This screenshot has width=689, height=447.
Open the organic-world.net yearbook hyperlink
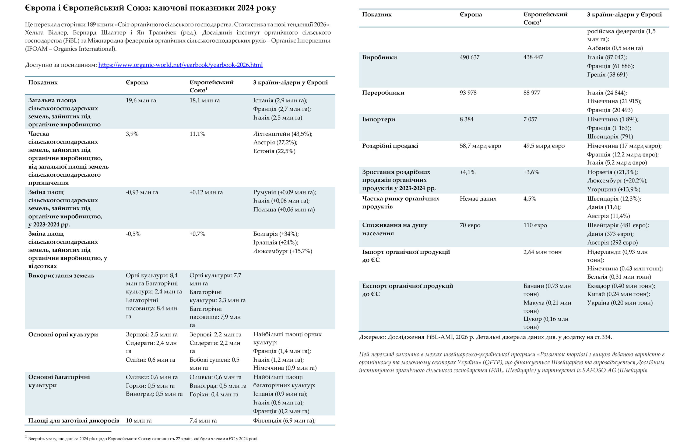pyautogui.click(x=180, y=65)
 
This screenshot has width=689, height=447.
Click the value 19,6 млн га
pyautogui.click(x=141, y=100)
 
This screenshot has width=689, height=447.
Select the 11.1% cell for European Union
pyautogui.click(x=197, y=134)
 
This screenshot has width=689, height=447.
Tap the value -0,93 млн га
pyautogui.click(x=142, y=192)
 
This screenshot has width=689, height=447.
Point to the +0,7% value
pyautogui.click(x=197, y=234)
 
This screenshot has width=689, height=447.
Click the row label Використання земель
pyautogui.click(x=61, y=275)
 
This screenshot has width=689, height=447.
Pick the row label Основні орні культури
pyautogui.click(x=63, y=335)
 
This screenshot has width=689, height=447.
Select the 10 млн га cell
pyautogui.click(x=138, y=421)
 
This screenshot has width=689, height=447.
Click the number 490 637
pyautogui.click(x=469, y=57)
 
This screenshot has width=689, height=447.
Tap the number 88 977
pyautogui.click(x=532, y=93)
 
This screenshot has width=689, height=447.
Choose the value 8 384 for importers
pyautogui.click(x=466, y=119)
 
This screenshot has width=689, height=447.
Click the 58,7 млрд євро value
pyautogui.click(x=480, y=146)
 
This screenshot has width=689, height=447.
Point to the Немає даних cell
pyautogui.click(x=478, y=199)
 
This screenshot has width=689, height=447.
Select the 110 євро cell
pyautogui.click(x=535, y=225)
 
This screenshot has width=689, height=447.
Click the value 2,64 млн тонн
pyautogui.click(x=542, y=252)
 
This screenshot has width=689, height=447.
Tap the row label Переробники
pyautogui.click(x=383, y=93)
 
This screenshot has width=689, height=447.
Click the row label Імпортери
pyautogui.click(x=378, y=119)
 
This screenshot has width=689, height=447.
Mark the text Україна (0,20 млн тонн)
pyautogui.click(x=620, y=303)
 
